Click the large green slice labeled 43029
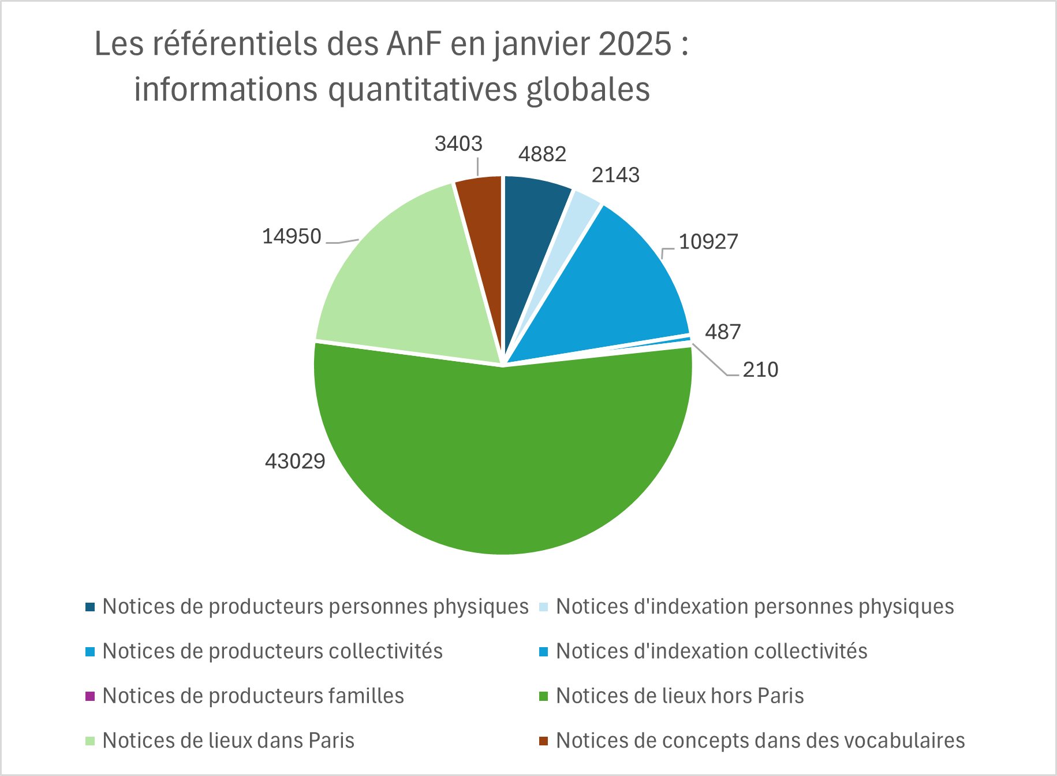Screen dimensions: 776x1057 pos(502,462)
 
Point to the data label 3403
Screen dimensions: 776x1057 pos(458,143)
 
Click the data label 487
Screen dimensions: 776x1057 pos(723,332)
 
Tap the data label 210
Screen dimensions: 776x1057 pos(760,370)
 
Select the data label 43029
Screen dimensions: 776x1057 pos(295,461)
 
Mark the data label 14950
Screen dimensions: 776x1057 pos(292,236)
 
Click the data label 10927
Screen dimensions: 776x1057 pos(708,242)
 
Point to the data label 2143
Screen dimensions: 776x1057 pos(615,174)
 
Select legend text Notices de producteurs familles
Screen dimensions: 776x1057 pos(253,696)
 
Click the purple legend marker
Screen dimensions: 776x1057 pos(89,696)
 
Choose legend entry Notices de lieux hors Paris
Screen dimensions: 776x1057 pos(679,696)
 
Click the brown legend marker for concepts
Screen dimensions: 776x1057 pos(543,741)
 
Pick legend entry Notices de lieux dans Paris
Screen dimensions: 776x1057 pos(228,741)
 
